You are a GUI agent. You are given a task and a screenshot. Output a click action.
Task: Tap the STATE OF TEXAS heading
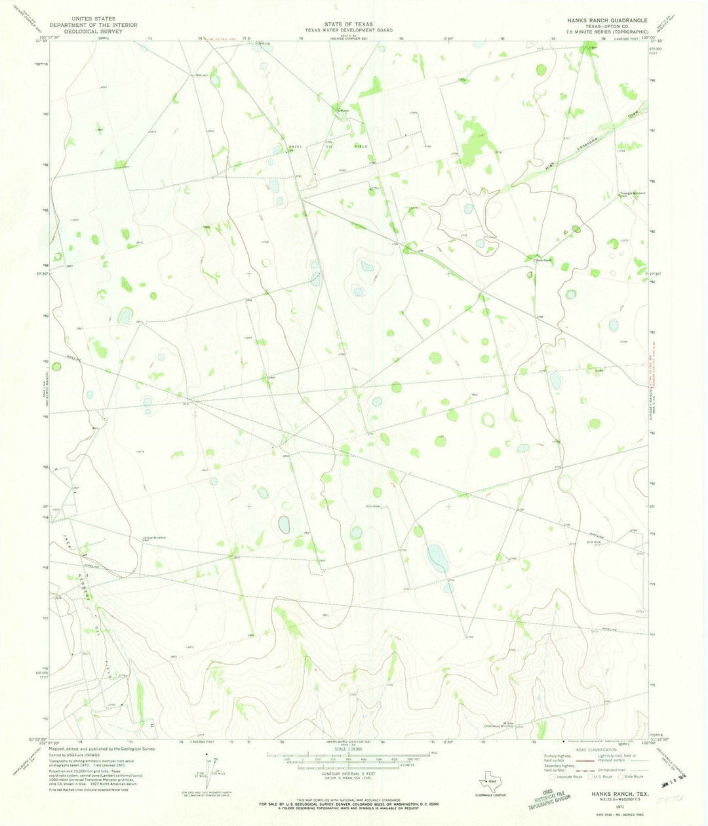(x=348, y=24)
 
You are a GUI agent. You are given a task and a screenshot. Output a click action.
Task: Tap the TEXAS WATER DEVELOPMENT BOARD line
(x=348, y=30)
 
